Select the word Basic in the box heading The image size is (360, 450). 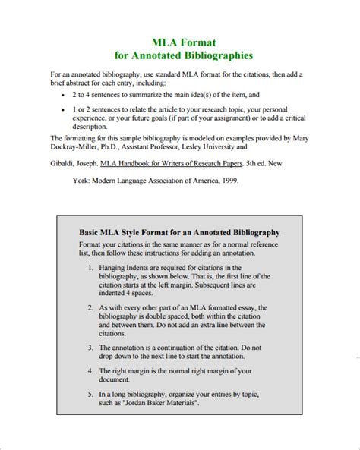pos(92,231)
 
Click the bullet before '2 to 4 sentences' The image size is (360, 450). pos(62,96)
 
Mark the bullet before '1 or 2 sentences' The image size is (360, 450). pos(62,110)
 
